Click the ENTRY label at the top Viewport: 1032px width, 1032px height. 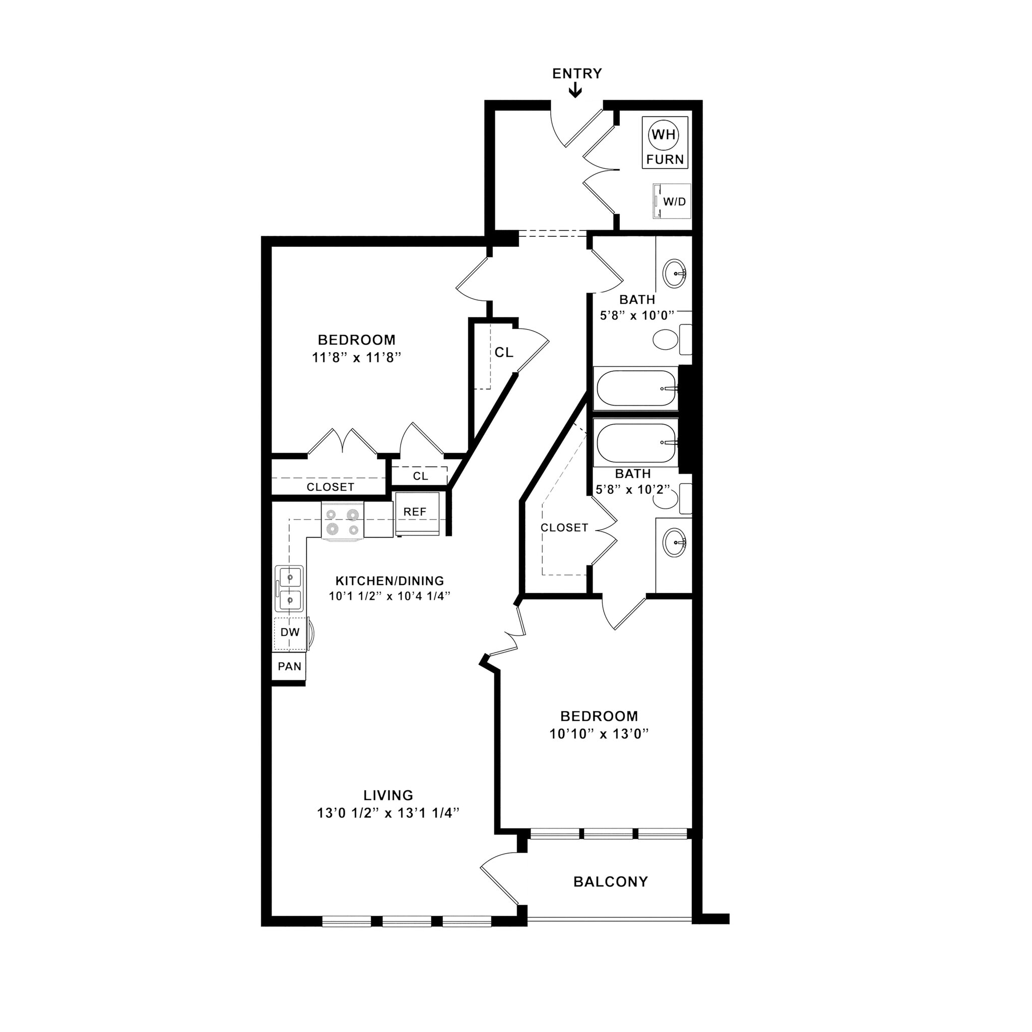click(577, 74)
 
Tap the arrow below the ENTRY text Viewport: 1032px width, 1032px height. click(575, 90)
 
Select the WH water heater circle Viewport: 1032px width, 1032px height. click(664, 135)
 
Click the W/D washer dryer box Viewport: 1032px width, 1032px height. click(672, 202)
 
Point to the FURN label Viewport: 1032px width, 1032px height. click(665, 159)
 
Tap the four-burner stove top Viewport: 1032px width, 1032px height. click(342, 522)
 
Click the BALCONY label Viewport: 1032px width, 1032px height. click(611, 882)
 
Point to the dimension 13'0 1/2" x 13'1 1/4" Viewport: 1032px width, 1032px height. click(389, 813)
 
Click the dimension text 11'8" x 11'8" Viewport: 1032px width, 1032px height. click(356, 357)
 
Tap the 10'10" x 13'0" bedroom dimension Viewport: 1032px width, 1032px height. click(599, 734)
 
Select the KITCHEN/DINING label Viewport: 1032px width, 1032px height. click(390, 580)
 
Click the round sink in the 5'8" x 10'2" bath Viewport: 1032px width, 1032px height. click(675, 543)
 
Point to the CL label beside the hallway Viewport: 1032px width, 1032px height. click(504, 353)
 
